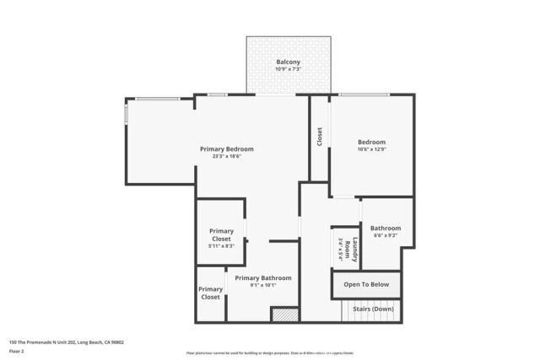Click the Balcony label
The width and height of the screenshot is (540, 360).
[289, 62]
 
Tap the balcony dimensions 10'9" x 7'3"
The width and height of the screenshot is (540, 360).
[289, 69]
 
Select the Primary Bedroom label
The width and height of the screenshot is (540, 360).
[226, 149]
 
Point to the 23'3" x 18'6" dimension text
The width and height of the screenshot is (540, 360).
[226, 157]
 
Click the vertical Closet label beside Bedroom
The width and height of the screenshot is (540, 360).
[319, 137]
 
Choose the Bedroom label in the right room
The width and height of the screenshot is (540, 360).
[371, 142]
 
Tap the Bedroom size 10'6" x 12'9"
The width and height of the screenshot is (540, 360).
[371, 149]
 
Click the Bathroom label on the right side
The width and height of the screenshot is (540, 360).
[386, 228]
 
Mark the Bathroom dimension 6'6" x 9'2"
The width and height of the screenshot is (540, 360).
[386, 235]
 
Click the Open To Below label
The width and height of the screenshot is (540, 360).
[365, 285]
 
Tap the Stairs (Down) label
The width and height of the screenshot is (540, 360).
[372, 309]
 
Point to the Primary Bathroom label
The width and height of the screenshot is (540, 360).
[263, 278]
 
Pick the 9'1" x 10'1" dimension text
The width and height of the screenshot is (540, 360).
[263, 286]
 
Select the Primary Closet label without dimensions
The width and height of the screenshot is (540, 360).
[210, 293]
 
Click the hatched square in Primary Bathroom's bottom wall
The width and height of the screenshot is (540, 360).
[284, 314]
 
